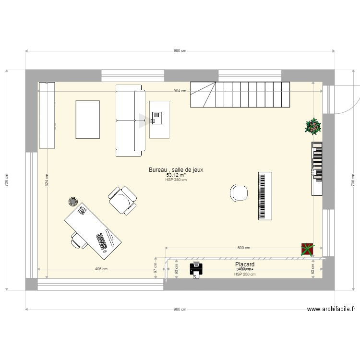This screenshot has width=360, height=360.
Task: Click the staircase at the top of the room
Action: [x=240, y=94]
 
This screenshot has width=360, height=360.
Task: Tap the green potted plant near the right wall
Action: [x=313, y=126]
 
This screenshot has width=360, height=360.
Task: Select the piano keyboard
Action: [x=262, y=196]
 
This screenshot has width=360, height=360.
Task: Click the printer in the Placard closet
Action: [x=196, y=270]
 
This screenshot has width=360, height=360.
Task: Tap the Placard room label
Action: [x=245, y=264]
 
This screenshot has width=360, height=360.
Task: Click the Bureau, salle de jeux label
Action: [x=176, y=170]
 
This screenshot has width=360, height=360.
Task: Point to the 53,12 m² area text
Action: [x=176, y=175]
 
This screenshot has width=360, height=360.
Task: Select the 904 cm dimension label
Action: [x=180, y=91]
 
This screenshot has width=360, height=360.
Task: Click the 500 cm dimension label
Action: [x=244, y=248]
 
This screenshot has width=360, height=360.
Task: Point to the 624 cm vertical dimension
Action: [x=47, y=180]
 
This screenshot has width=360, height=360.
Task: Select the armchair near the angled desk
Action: [x=122, y=199]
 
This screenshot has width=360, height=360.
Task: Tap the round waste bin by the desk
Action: [x=73, y=201]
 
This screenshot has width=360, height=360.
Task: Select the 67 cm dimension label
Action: [x=156, y=267]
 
